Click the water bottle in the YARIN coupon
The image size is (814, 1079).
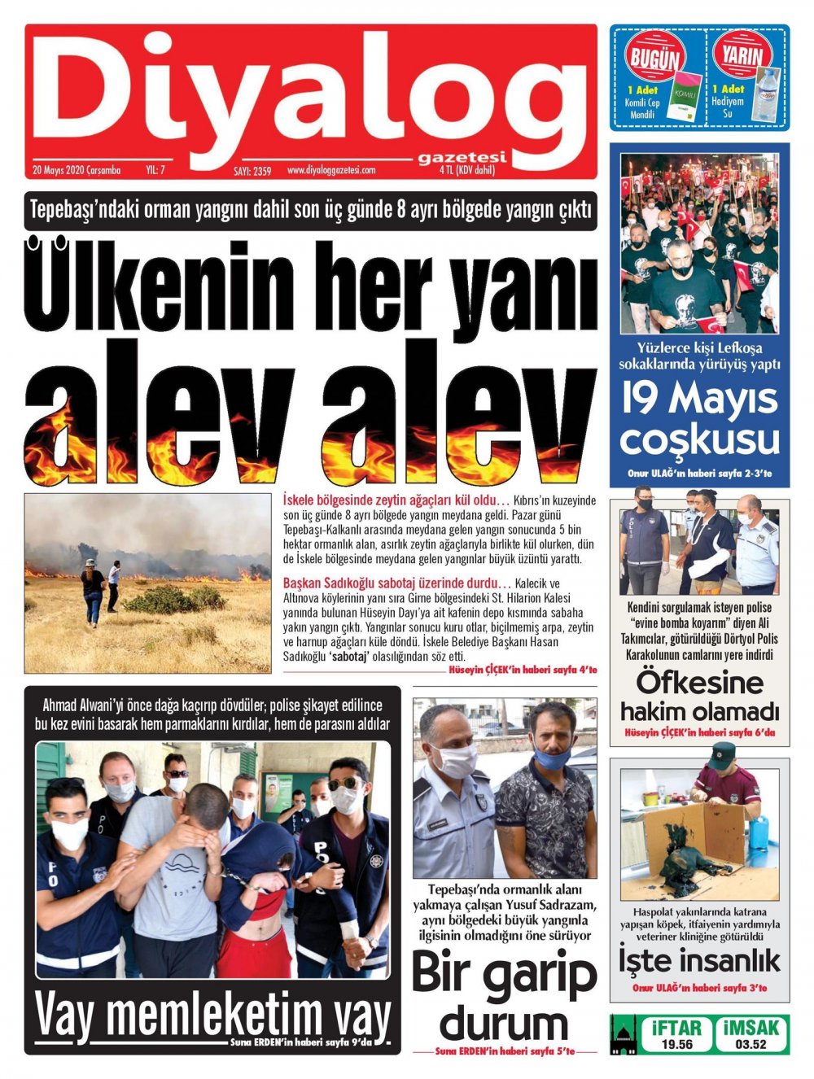[767, 96]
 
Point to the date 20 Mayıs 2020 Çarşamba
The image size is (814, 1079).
[77, 170]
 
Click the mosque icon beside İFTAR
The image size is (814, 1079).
[623, 1033]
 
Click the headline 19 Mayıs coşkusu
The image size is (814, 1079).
[699, 420]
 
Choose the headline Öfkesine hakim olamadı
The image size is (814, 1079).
[699, 696]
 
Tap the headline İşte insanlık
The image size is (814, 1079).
[699, 960]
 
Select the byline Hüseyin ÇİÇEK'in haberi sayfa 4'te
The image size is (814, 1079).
[523, 670]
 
